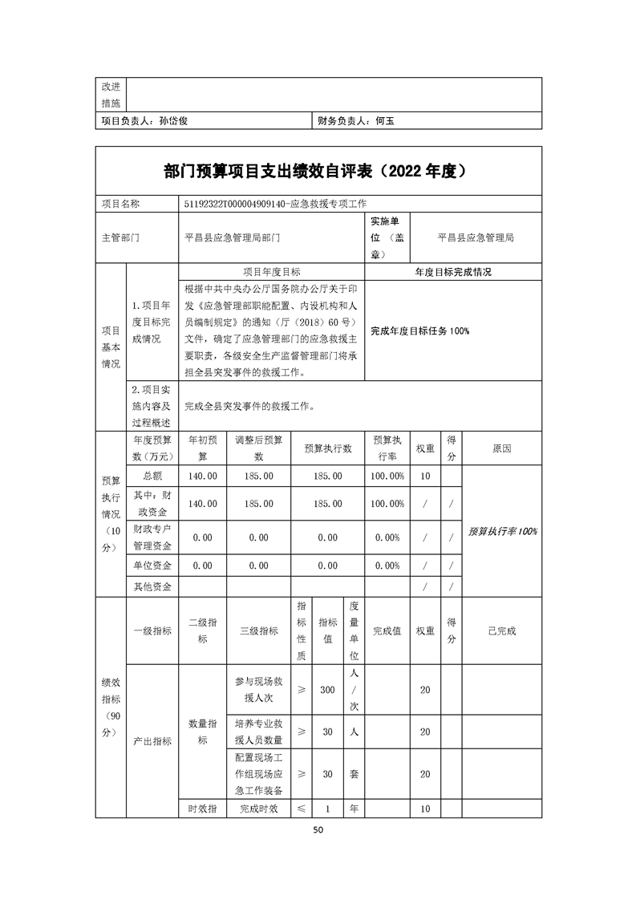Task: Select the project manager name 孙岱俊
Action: pos(173,122)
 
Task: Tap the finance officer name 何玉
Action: pos(385,122)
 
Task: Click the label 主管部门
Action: pos(120,238)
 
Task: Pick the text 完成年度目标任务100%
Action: pos(419,330)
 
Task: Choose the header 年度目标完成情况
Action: pos(453,272)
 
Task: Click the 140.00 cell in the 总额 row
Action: pos(202,476)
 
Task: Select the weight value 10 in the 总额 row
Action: pos(425,476)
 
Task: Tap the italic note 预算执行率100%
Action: pos(503,531)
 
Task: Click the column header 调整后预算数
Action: pos(259,448)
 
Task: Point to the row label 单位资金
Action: pos(152,566)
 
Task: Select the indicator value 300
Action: pos(327,690)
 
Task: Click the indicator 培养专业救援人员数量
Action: pos(259,732)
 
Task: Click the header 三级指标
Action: pos(259,630)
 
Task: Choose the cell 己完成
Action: pos(502,630)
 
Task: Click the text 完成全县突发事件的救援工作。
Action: pos(249,406)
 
